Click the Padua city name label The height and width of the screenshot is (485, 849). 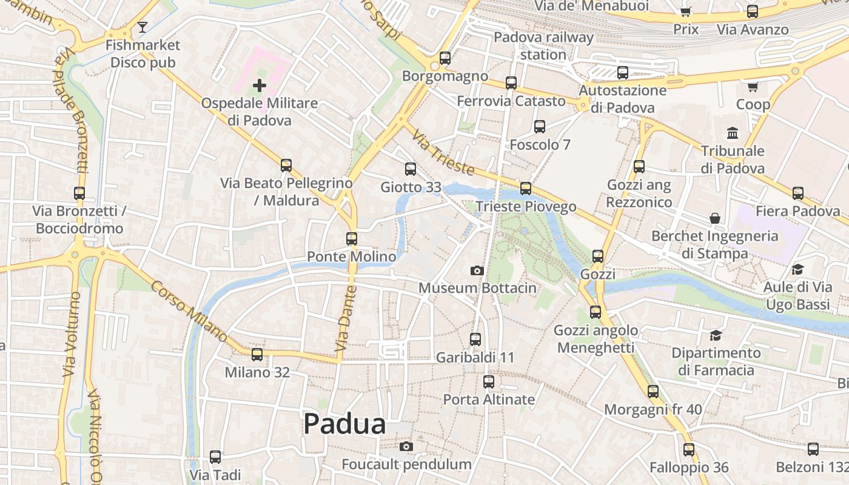(344, 424)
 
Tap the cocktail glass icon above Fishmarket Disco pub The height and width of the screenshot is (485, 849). (143, 27)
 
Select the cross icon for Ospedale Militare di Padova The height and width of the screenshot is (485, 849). (260, 85)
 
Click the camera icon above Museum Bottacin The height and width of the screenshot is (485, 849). (477, 270)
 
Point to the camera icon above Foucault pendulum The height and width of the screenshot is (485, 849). (406, 447)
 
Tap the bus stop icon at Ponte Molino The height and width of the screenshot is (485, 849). (352, 239)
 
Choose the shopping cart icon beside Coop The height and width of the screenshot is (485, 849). (753, 87)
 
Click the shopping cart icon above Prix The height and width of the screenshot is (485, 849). (686, 12)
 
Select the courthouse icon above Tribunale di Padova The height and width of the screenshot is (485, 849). (733, 133)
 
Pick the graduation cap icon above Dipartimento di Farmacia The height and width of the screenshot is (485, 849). (716, 335)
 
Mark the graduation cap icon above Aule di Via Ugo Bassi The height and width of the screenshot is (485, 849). (797, 269)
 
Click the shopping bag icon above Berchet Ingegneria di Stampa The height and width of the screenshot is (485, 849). (715, 218)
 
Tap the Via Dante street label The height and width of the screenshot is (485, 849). (344, 328)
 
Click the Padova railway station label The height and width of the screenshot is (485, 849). (543, 45)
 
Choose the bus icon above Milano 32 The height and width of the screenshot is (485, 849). (257, 355)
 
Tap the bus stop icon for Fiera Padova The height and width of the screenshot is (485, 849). (798, 193)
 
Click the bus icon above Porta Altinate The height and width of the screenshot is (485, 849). (489, 382)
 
